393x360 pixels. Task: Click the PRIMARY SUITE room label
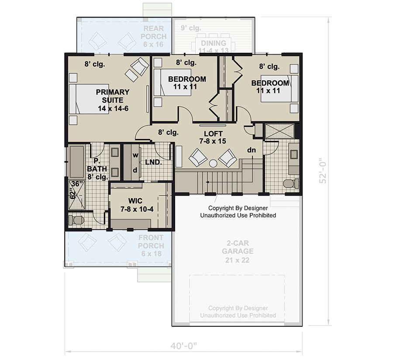[x=112, y=100]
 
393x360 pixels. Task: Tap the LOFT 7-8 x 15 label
[x=214, y=137]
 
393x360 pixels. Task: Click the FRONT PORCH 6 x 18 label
[x=151, y=242]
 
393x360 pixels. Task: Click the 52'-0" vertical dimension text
[x=323, y=171]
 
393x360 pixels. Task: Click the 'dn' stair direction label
[x=252, y=150]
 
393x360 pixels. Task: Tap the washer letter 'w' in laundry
[x=135, y=155]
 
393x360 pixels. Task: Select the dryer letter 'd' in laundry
[x=135, y=169]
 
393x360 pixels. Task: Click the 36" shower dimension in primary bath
[x=76, y=184]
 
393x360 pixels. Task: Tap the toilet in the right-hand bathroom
[x=290, y=184]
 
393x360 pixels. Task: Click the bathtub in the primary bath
[x=77, y=162]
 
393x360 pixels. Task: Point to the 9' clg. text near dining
[x=191, y=28]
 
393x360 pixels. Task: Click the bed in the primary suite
[x=90, y=99]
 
